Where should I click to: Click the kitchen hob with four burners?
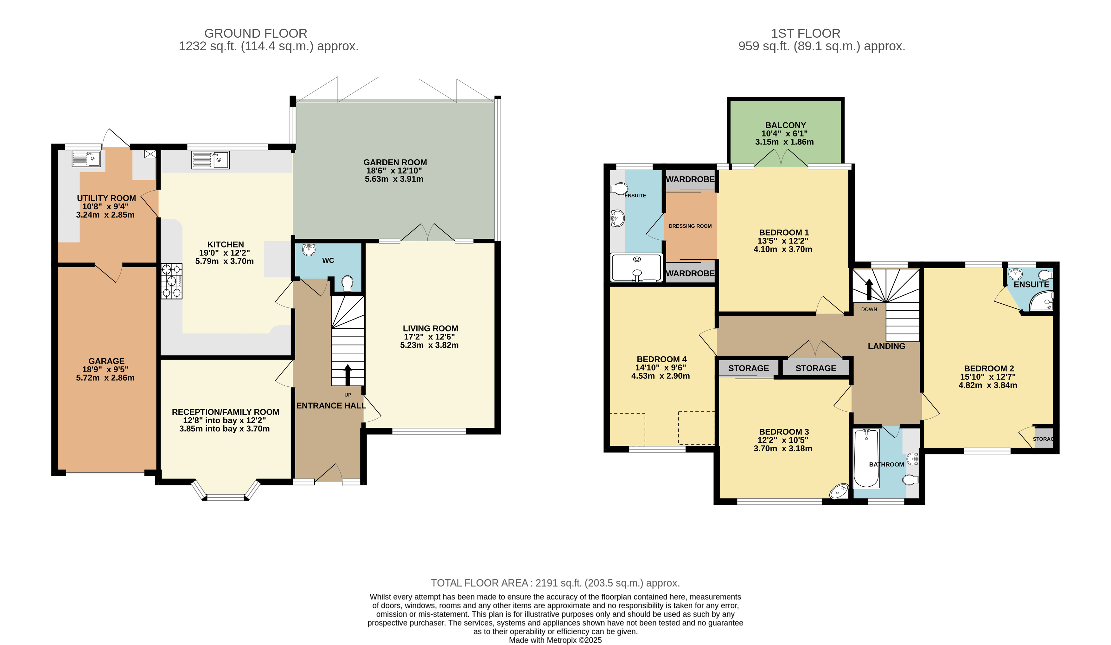click(x=171, y=281)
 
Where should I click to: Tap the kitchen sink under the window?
click(x=210, y=160)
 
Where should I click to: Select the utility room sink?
click(x=86, y=159)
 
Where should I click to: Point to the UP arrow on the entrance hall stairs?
click(x=348, y=375)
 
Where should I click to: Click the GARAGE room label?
click(x=106, y=361)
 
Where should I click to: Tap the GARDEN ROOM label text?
click(x=395, y=162)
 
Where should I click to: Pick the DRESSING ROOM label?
click(x=690, y=226)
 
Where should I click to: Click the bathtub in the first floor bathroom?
click(x=866, y=458)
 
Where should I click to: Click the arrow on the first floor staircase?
click(x=869, y=289)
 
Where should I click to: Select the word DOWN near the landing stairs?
click(x=869, y=309)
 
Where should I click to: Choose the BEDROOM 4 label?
click(x=662, y=359)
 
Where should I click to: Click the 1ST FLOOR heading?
click(x=806, y=34)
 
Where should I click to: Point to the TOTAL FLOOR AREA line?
click(x=555, y=583)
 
